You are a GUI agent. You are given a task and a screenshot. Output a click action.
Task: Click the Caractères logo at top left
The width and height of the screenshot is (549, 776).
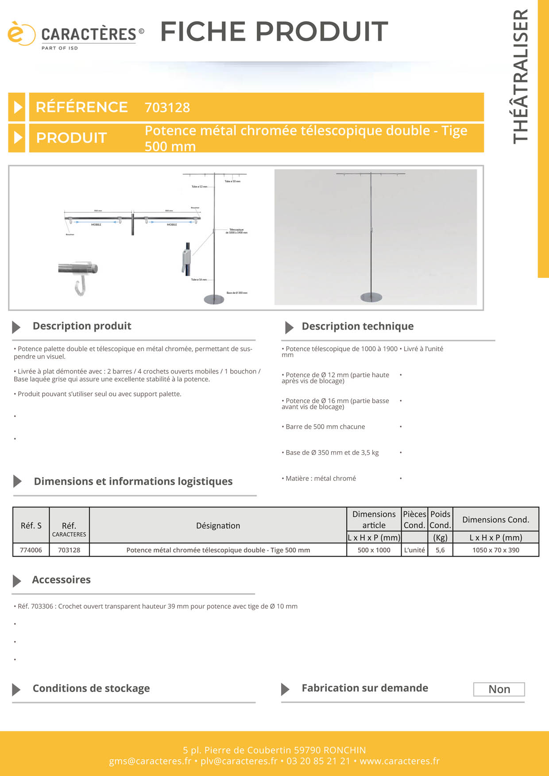click(x=75, y=35)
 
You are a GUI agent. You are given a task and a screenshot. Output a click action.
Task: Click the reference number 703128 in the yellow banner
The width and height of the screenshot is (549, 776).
click(x=167, y=108)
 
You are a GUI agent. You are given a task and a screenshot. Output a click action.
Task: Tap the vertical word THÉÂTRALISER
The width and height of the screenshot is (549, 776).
click(x=521, y=76)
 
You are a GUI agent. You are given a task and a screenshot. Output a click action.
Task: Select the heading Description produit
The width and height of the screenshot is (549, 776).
click(x=82, y=326)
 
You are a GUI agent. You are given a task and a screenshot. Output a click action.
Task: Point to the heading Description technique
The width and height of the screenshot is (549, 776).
click(x=357, y=327)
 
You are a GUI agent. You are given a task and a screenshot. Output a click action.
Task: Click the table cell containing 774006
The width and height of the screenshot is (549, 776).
click(x=31, y=550)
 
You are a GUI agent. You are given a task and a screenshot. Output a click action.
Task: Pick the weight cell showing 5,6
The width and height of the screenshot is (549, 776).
click(x=440, y=550)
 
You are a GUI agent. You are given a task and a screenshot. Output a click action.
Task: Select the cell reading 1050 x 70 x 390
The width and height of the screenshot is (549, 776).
click(x=495, y=550)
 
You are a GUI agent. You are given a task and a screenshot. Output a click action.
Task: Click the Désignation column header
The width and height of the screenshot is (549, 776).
click(x=218, y=526)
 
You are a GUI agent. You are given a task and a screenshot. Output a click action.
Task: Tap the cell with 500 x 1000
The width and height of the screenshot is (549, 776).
click(x=374, y=550)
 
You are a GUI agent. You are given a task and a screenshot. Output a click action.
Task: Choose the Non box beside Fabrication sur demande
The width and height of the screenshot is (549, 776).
click(x=499, y=689)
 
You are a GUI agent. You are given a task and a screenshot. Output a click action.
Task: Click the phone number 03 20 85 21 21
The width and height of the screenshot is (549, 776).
click(x=318, y=761)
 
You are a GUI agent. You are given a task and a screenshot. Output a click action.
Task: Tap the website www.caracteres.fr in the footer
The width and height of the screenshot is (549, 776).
click(x=399, y=761)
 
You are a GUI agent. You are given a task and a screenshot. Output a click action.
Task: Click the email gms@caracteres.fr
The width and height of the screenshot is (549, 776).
click(x=150, y=761)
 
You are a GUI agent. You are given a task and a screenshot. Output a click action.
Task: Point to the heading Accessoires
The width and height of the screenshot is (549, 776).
click(x=61, y=580)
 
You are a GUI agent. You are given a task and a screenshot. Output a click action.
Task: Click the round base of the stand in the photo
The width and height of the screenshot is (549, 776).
click(x=371, y=297)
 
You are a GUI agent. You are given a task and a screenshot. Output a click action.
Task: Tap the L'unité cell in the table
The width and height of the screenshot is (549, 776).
click(x=414, y=550)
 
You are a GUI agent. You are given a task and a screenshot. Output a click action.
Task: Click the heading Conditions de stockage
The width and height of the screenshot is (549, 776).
click(x=91, y=688)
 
